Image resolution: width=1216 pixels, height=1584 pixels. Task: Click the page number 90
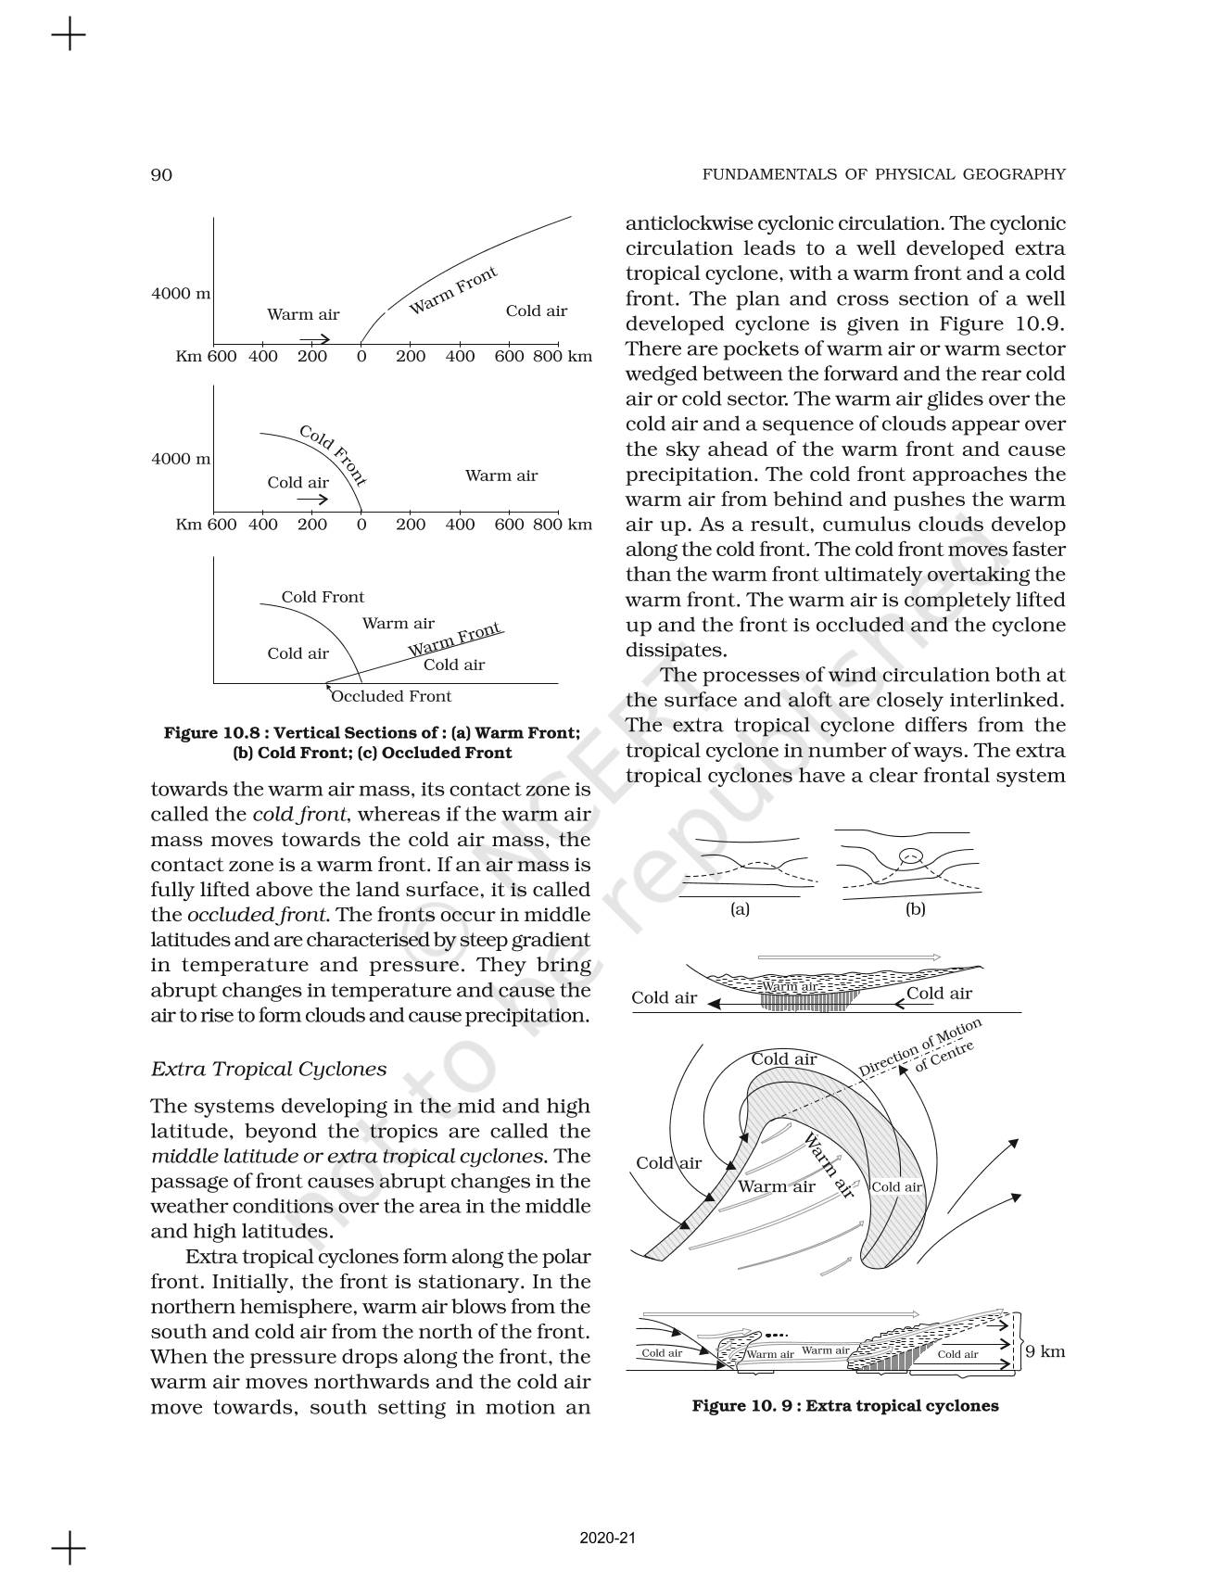[x=161, y=175]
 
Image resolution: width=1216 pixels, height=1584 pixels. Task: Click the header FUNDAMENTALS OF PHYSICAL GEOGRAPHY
[x=883, y=174]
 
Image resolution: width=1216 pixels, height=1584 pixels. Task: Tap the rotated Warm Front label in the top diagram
[x=453, y=289]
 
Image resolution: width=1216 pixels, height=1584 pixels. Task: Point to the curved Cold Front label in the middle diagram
[x=333, y=455]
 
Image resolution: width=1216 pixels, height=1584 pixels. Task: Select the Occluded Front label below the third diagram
[x=391, y=696]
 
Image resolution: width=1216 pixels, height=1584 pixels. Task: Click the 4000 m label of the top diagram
[x=181, y=294]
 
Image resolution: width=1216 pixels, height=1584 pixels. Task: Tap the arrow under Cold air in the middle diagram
[x=312, y=500]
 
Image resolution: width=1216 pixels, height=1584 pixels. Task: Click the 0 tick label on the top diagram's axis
[x=361, y=357]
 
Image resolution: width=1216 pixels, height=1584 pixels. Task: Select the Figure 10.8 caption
[x=372, y=742]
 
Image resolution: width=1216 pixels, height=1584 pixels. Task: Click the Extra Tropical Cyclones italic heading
[x=268, y=1069]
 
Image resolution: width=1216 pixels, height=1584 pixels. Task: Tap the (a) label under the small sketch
[x=740, y=909]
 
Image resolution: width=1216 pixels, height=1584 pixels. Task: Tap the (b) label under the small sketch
[x=915, y=909]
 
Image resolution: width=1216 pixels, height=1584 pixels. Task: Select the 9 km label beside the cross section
[x=1045, y=1351]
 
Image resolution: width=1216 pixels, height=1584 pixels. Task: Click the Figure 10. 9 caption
[x=845, y=1405]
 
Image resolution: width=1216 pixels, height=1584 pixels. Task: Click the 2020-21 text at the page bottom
[x=607, y=1538]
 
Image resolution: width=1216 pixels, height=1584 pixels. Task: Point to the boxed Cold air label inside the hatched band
[x=896, y=1187]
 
